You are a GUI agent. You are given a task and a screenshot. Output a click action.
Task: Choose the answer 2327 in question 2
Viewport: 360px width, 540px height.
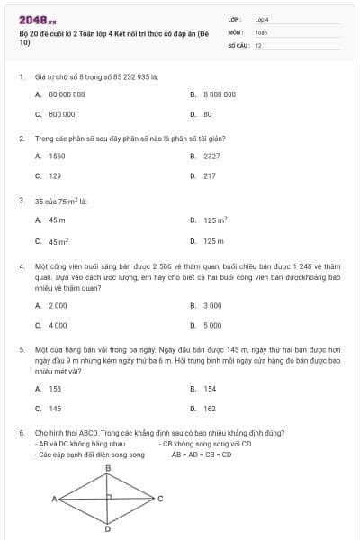point(211,156)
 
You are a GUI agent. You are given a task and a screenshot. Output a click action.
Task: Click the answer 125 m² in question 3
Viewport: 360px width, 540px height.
point(215,220)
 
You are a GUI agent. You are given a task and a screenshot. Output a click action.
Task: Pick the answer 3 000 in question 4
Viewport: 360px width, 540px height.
point(212,305)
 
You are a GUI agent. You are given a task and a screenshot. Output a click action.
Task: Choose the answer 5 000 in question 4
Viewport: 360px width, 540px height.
point(212,325)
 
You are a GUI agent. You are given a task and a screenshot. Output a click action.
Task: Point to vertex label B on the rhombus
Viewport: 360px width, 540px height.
point(108,469)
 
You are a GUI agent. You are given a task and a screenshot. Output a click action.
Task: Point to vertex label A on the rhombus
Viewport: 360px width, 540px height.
point(54,498)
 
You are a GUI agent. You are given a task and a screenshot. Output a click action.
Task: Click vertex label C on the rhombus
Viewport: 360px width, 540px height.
point(160,498)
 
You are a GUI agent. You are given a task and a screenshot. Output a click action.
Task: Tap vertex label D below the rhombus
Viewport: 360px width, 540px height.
point(108,529)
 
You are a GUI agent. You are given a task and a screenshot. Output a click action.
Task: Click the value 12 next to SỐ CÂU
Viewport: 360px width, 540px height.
point(258,43)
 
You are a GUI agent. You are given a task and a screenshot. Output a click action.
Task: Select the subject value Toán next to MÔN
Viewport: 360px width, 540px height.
point(261,31)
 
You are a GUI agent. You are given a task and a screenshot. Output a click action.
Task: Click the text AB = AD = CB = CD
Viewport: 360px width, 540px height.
point(200,454)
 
